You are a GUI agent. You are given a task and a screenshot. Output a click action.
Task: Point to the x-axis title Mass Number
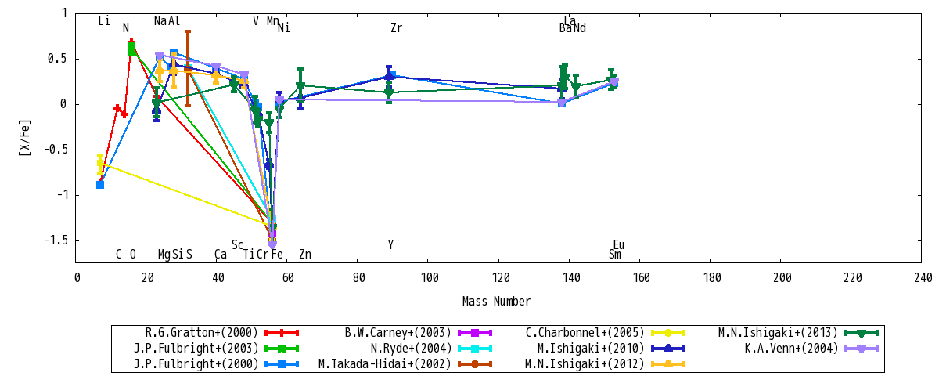point(496,302)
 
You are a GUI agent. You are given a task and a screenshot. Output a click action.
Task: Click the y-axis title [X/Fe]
point(25,138)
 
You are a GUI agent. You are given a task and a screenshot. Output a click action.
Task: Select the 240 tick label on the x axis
point(922,278)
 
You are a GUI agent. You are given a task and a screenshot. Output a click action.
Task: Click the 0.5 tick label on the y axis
point(57,59)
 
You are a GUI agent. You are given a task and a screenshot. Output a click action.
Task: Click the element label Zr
point(397,28)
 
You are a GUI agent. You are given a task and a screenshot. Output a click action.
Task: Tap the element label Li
point(104,20)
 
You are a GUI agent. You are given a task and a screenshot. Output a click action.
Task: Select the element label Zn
point(305,255)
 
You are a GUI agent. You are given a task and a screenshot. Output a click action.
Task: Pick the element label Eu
point(619,244)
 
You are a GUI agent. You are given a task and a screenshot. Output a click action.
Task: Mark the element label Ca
point(221,255)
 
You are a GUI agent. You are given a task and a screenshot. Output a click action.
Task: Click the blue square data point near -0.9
point(100,185)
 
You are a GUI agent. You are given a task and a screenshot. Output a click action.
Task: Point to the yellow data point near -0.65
point(100,163)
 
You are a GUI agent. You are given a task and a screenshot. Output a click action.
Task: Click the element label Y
point(390,244)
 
